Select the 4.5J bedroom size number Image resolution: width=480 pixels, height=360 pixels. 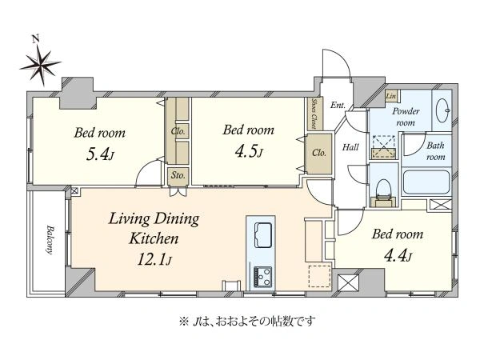[x=249, y=151]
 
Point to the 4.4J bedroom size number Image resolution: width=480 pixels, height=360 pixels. [x=398, y=255]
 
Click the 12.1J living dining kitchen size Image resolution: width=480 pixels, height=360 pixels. [x=154, y=259]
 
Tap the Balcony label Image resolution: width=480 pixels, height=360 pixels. [x=50, y=240]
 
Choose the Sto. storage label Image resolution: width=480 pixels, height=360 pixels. [x=178, y=175]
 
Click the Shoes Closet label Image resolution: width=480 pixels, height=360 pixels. [x=314, y=114]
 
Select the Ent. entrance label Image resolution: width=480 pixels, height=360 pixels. [x=338, y=105]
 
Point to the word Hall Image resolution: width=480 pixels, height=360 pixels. [x=350, y=147]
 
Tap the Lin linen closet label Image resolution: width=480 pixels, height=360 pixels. [x=391, y=96]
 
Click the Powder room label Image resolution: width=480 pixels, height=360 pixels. [x=406, y=117]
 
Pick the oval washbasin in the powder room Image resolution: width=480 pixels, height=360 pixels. [x=443, y=110]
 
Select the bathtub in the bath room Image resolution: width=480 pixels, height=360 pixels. [x=426, y=182]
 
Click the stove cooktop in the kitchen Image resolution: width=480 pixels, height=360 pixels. [x=262, y=277]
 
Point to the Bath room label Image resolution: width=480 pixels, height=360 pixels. [x=435, y=151]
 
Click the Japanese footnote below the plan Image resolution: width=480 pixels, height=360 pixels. [x=246, y=322]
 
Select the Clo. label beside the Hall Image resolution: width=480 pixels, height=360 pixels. [x=319, y=153]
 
